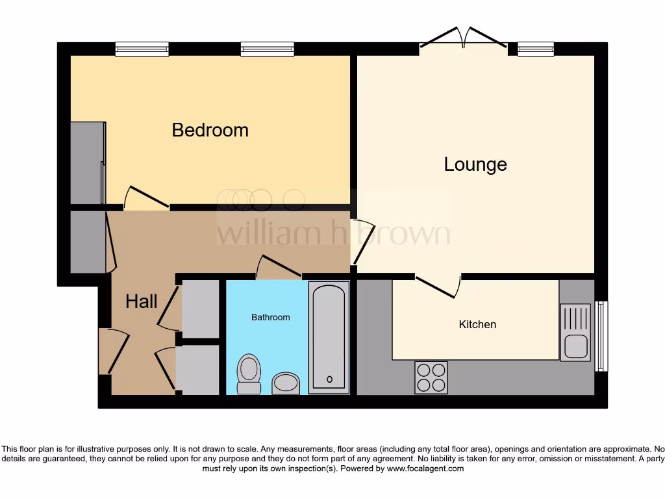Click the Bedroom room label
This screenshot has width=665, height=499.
click(210, 130)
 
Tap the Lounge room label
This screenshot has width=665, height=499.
click(475, 164)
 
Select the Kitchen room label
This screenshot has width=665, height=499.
click(477, 324)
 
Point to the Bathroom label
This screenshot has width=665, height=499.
click(271, 317)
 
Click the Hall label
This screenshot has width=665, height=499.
click(141, 301)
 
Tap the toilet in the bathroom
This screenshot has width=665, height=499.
click(249, 374)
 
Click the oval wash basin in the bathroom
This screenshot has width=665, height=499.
click(285, 383)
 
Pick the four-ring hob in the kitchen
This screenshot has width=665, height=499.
click(431, 377)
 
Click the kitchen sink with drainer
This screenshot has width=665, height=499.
click(576, 333)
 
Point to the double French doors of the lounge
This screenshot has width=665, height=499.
click(462, 39)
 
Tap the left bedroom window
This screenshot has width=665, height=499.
click(142, 48)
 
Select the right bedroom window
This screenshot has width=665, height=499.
click(267, 48)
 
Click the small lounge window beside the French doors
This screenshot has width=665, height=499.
click(536, 48)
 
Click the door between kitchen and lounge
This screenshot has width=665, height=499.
click(439, 285)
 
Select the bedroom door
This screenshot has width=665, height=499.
click(147, 198)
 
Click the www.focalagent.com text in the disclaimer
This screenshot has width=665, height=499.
click(425, 468)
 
